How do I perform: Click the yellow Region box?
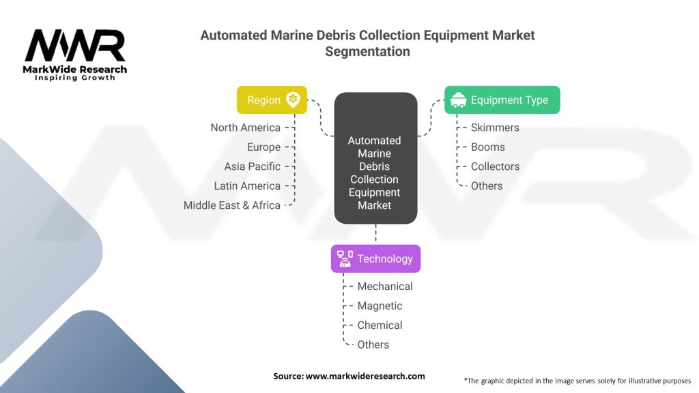(271, 100)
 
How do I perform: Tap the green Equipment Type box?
(502, 100)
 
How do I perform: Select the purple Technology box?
(375, 259)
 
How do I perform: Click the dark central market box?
(375, 158)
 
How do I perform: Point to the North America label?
(245, 128)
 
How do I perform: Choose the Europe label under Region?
(263, 147)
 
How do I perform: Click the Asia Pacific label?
(252, 166)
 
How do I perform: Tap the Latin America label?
(247, 186)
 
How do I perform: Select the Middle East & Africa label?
(231, 205)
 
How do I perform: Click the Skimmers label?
(495, 128)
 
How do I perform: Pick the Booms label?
(487, 147)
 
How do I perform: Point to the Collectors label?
(495, 166)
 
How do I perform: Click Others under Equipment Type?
(487, 186)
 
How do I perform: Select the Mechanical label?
(385, 287)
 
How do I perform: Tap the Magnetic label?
(380, 306)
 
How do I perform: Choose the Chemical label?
(380, 325)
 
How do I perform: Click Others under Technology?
(373, 345)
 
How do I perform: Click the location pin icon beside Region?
(293, 100)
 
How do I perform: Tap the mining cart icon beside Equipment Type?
(459, 100)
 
